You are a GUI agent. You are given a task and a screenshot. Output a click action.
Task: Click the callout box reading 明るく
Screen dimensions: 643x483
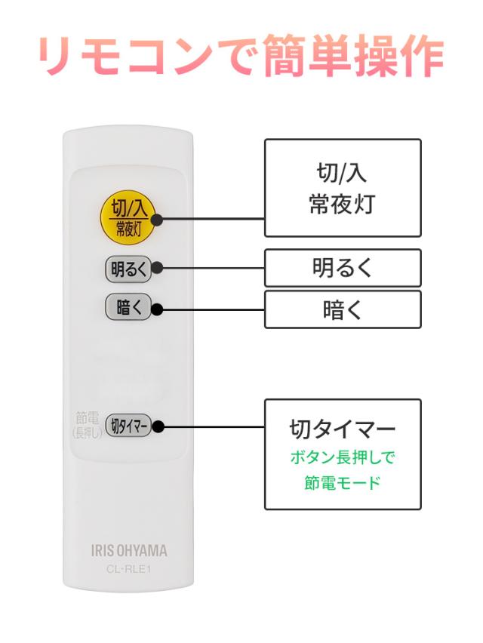[x=342, y=268]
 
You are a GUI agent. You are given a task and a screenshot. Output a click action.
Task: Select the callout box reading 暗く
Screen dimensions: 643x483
[x=342, y=309]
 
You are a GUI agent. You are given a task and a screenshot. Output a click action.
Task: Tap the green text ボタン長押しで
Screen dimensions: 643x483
[x=342, y=457]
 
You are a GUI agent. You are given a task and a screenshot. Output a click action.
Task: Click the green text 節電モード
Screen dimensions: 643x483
[x=342, y=481]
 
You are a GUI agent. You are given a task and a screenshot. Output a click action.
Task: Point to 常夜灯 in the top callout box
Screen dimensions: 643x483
[x=342, y=205]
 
